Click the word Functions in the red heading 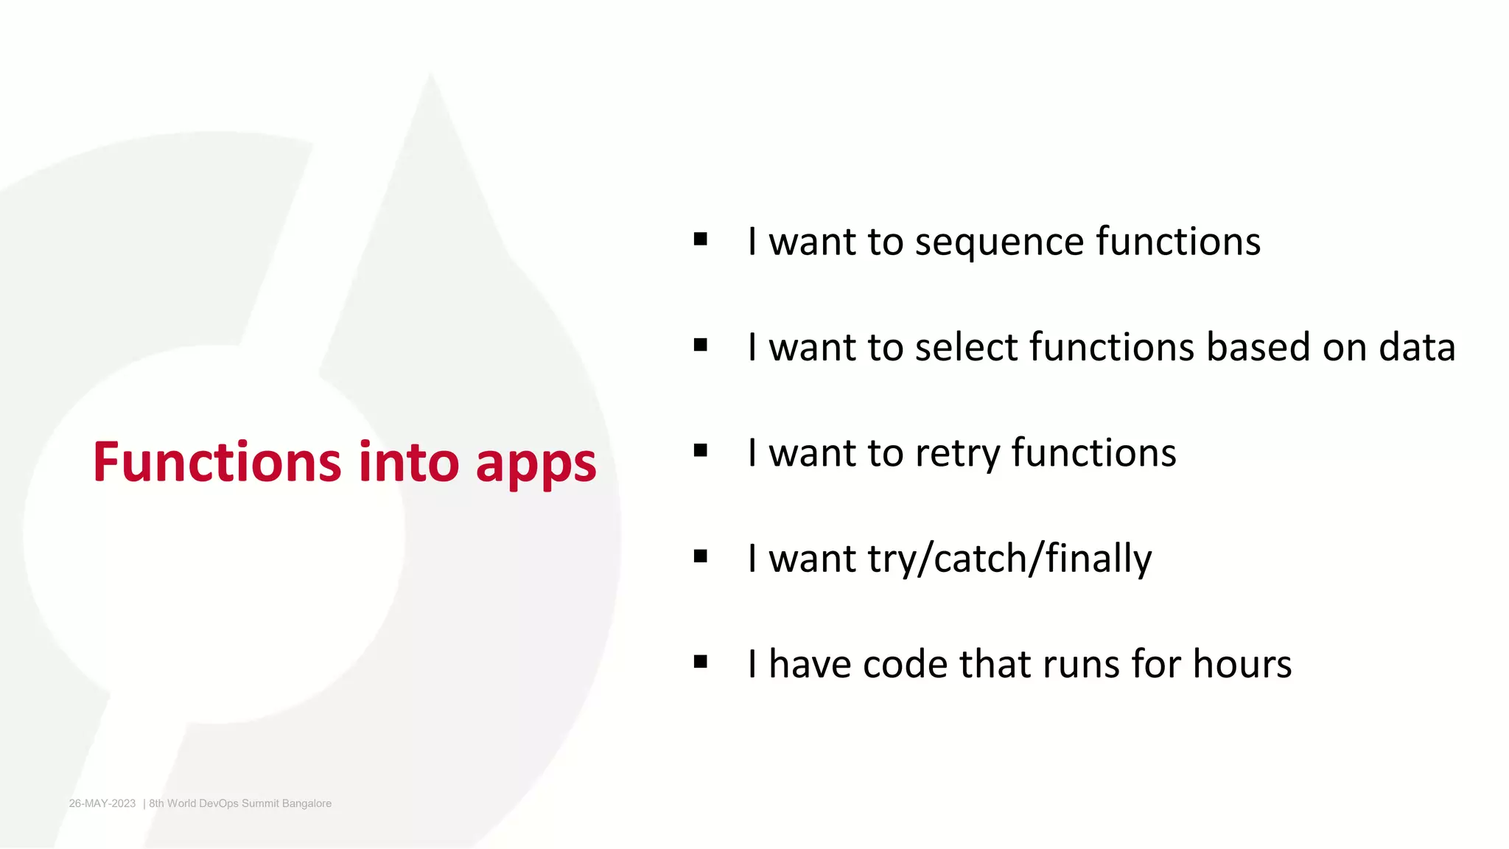tap(217, 462)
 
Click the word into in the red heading tap(409, 462)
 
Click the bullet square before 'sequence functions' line tap(700, 240)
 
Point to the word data tap(1416, 347)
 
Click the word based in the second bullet tap(1258, 347)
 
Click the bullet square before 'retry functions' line tap(700, 450)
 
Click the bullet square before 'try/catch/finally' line tap(700, 556)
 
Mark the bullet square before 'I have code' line tap(700, 662)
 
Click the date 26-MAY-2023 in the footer tap(102, 803)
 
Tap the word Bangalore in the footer tap(307, 803)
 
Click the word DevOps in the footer tap(219, 803)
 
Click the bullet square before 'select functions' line tap(700, 345)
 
